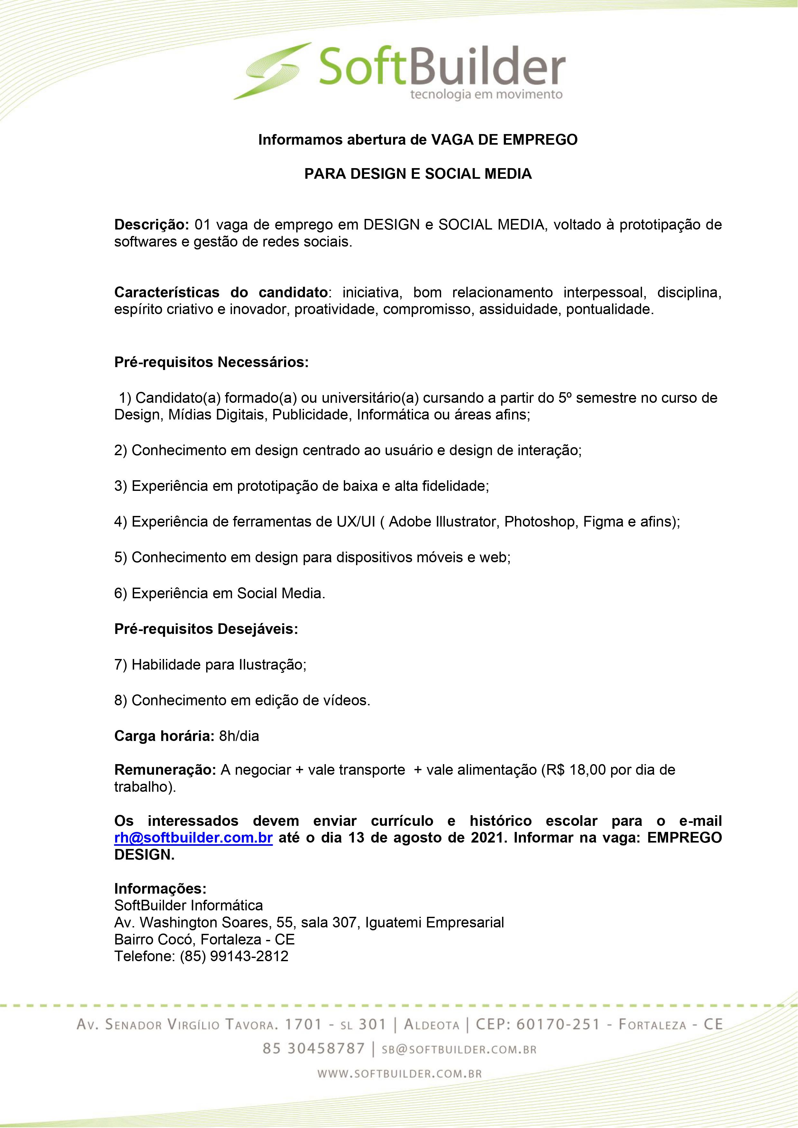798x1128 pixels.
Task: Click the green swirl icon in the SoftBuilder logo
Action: (x=273, y=71)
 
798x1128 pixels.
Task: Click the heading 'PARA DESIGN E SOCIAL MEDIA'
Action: (x=418, y=174)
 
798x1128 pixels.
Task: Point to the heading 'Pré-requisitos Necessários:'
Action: (x=211, y=362)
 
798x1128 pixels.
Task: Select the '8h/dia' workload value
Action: (x=239, y=736)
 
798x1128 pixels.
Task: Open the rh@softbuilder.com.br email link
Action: (x=193, y=838)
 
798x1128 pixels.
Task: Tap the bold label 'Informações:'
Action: (x=160, y=889)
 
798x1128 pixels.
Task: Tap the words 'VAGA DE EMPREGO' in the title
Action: (x=504, y=140)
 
